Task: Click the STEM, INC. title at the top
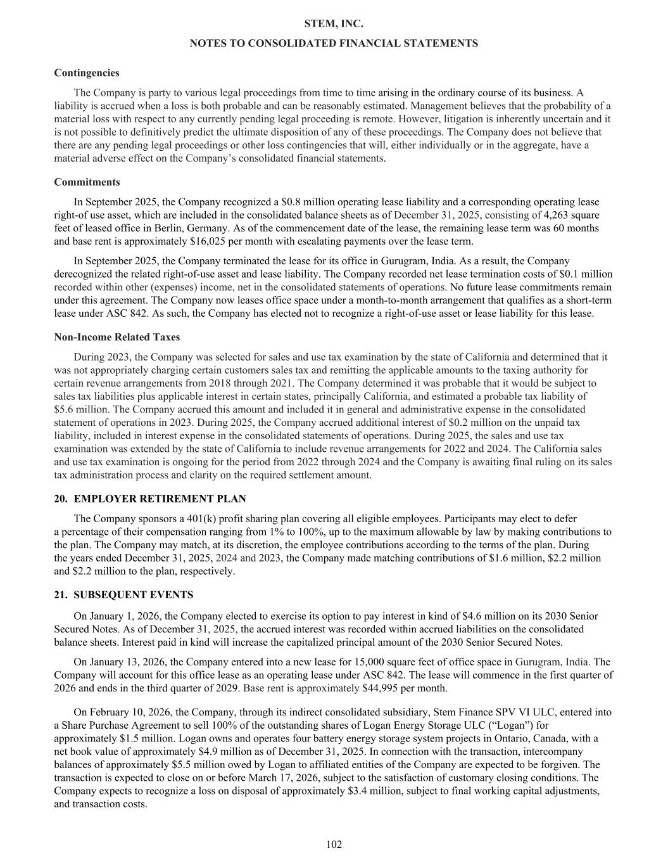pyautogui.click(x=334, y=23)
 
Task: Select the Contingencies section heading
pyautogui.click(x=87, y=73)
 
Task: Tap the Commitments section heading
pyautogui.click(x=87, y=182)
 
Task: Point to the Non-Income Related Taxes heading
pyautogui.click(x=117, y=337)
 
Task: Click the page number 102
pyautogui.click(x=334, y=844)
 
